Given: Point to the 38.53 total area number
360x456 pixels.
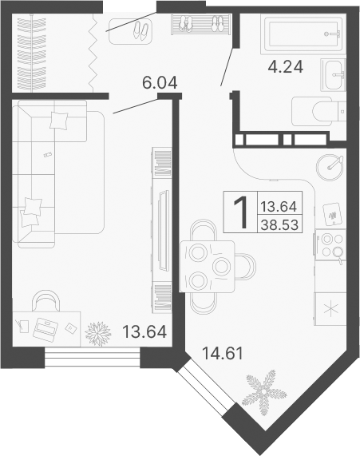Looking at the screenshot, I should (x=279, y=224).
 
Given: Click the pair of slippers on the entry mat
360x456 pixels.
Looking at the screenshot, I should (x=141, y=30).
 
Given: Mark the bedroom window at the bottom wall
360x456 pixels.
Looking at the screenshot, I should (x=93, y=357).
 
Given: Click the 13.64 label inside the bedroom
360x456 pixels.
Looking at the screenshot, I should (x=144, y=331).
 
